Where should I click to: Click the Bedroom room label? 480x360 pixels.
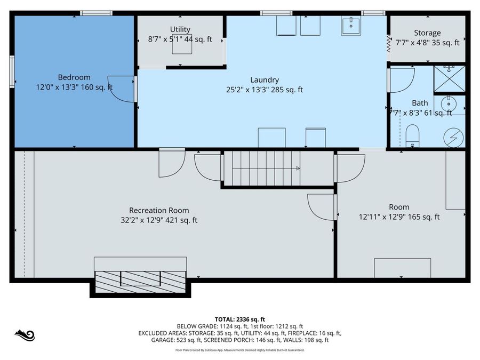click(74, 77)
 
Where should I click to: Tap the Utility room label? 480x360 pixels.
click(180, 29)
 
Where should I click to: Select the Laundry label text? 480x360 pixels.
click(265, 80)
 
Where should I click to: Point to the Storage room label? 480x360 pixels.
click(427, 33)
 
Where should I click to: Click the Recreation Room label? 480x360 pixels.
click(159, 210)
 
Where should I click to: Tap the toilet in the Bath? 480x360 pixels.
click(413, 135)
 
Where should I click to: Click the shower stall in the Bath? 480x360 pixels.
click(449, 78)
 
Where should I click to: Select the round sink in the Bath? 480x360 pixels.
click(449, 103)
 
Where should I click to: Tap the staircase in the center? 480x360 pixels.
click(261, 168)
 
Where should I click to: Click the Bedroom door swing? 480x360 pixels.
click(122, 89)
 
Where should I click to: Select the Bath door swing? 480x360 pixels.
click(403, 80)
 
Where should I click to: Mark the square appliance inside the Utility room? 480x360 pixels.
click(181, 45)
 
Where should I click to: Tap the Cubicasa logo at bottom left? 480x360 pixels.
click(25, 335)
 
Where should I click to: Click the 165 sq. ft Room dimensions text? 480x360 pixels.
click(399, 217)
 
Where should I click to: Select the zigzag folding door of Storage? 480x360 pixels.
click(389, 42)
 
